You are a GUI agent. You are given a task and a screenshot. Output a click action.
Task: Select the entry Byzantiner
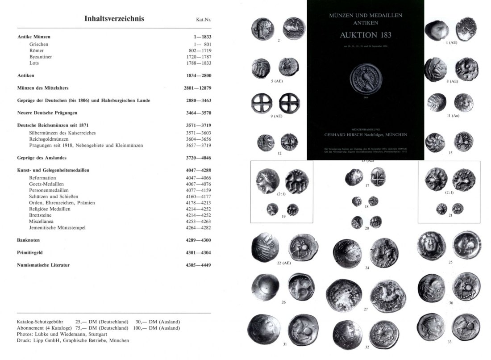[41, 57]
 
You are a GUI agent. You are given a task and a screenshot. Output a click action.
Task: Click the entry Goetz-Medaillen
[46, 184]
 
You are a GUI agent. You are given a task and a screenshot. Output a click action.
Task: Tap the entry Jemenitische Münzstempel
[57, 228]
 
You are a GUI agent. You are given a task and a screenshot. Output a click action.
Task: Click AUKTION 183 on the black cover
[366, 35]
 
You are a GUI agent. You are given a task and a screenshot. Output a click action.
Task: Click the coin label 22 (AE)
[284, 263]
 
